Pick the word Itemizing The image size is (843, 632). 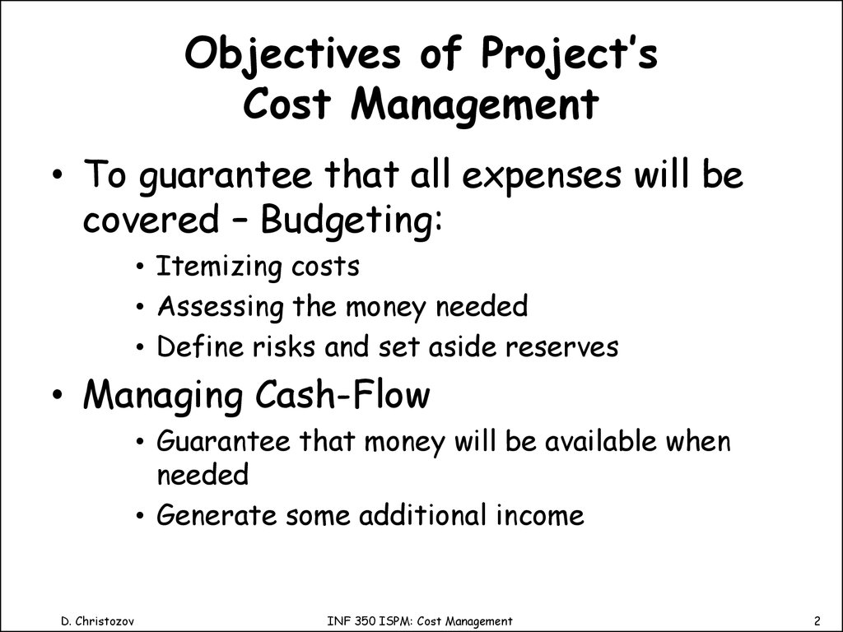point(221,267)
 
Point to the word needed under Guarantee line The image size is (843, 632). point(203,476)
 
